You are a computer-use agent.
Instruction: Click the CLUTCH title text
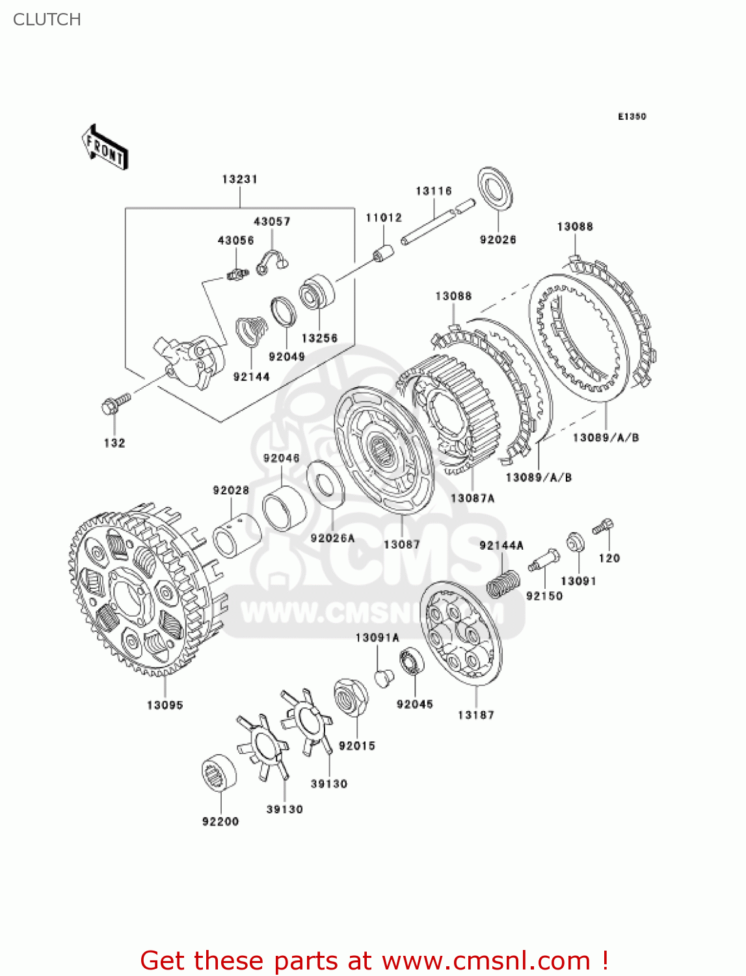(x=47, y=20)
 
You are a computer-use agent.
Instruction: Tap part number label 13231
(x=239, y=179)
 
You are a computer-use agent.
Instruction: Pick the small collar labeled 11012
(x=383, y=252)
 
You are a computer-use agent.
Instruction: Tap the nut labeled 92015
(x=351, y=698)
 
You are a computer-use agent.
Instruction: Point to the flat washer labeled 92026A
(x=325, y=484)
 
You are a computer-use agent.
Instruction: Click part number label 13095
(x=165, y=705)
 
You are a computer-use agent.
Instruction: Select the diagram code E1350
(x=632, y=116)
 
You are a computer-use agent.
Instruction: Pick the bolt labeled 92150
(x=544, y=561)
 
